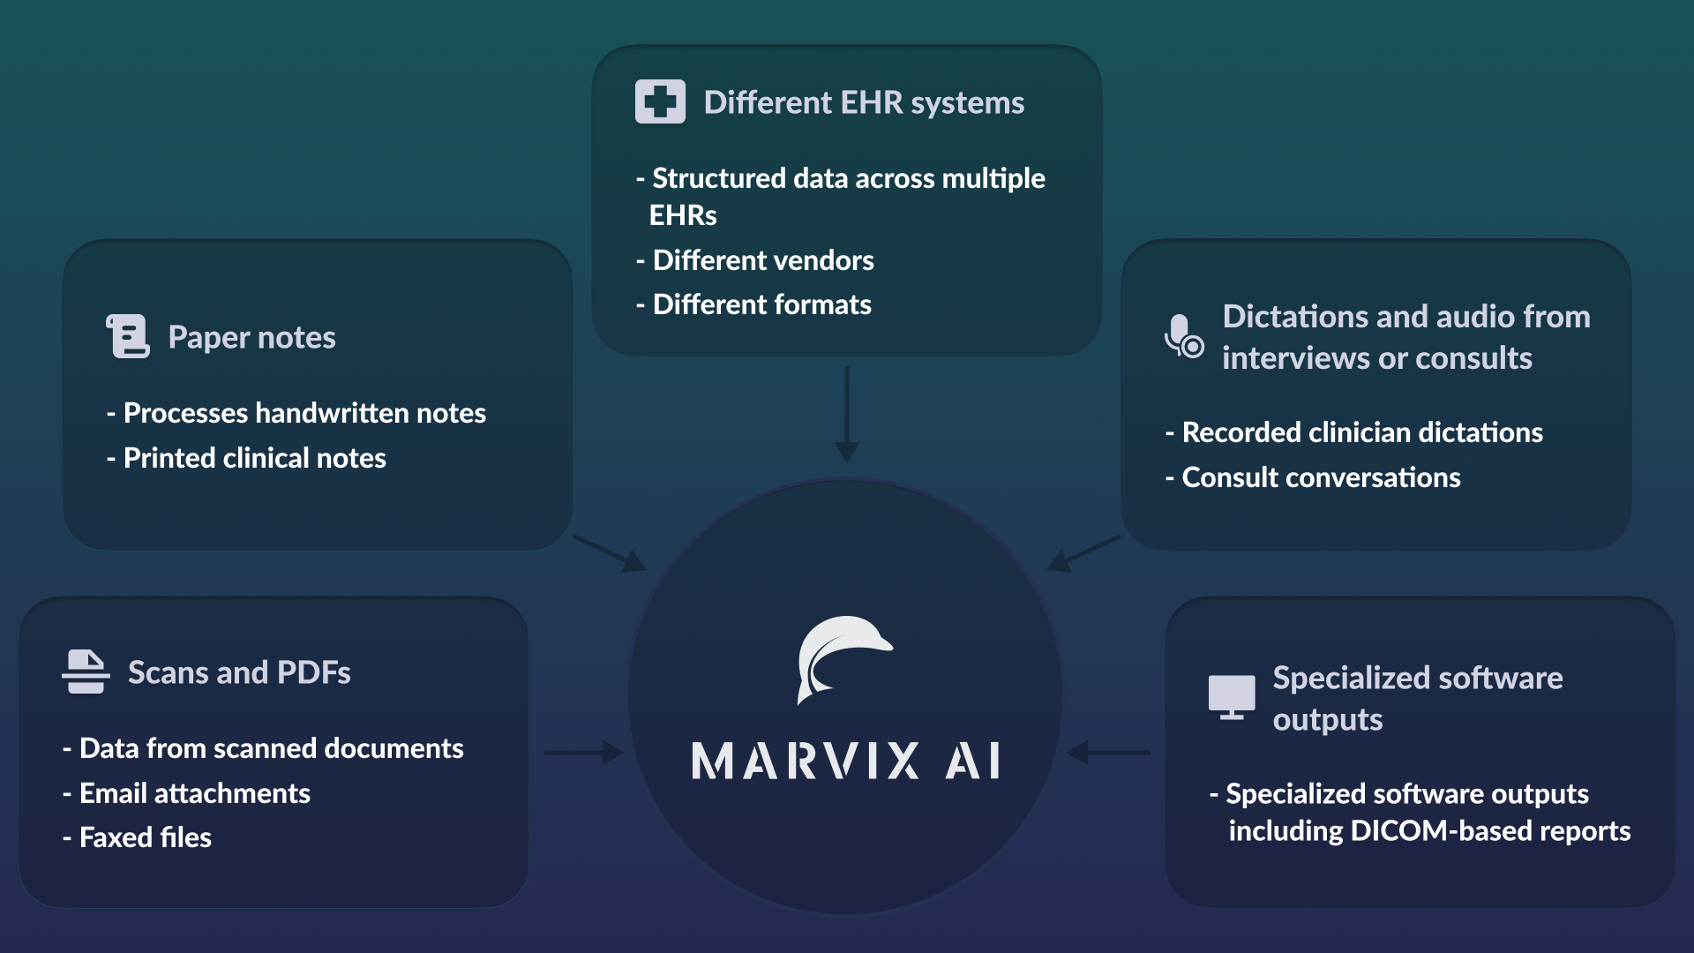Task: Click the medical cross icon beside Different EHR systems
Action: tap(660, 102)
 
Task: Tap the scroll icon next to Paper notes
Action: tap(129, 336)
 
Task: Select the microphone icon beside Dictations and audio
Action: tap(1183, 337)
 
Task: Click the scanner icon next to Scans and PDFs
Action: tap(86, 672)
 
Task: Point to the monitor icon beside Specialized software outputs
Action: tap(1232, 697)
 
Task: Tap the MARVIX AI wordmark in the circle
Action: tap(845, 761)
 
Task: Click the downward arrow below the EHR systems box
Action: tap(847, 415)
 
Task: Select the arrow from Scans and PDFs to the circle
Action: tap(583, 753)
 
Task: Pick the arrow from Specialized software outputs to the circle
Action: tap(1108, 753)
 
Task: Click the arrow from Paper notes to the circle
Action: tap(610, 553)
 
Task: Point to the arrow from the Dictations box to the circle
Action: tap(1083, 553)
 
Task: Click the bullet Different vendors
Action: tap(763, 260)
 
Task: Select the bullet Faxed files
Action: tap(146, 837)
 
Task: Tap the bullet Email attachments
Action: tap(195, 793)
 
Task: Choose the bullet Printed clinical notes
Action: tap(254, 458)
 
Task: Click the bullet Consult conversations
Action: tap(1321, 477)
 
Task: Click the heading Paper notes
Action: tap(251, 337)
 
